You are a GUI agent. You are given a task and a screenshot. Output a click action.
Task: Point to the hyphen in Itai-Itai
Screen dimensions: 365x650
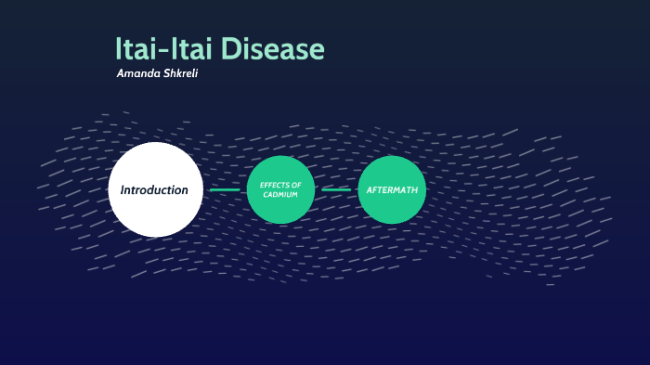[x=164, y=51]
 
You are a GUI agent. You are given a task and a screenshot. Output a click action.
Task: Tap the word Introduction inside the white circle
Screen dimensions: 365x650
[x=155, y=189]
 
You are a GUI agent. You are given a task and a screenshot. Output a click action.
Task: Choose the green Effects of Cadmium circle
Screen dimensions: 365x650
[x=280, y=189]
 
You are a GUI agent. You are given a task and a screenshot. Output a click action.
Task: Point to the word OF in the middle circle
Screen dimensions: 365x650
[x=296, y=185]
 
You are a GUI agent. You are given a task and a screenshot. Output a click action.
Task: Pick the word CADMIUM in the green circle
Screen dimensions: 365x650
[x=280, y=194]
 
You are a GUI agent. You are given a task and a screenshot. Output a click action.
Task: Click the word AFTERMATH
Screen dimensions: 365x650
[x=392, y=189]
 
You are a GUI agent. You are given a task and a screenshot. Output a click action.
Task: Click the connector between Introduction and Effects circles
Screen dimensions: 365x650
[x=225, y=189]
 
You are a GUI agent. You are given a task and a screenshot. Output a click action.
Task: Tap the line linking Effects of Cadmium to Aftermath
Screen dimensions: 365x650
[x=336, y=189]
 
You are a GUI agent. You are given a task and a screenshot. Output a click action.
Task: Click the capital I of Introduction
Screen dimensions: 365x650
[x=123, y=189]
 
